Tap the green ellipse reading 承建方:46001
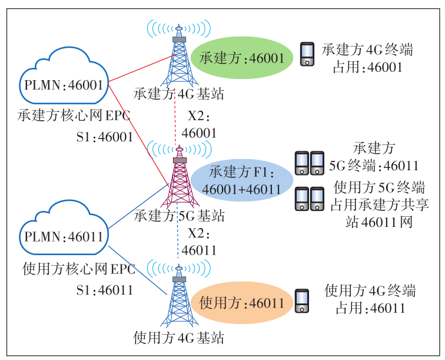pos(242,58)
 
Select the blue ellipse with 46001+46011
pos(241,180)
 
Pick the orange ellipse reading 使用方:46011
pos(241,303)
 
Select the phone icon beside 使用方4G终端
pos(303,300)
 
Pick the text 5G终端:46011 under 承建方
pos(373,166)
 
